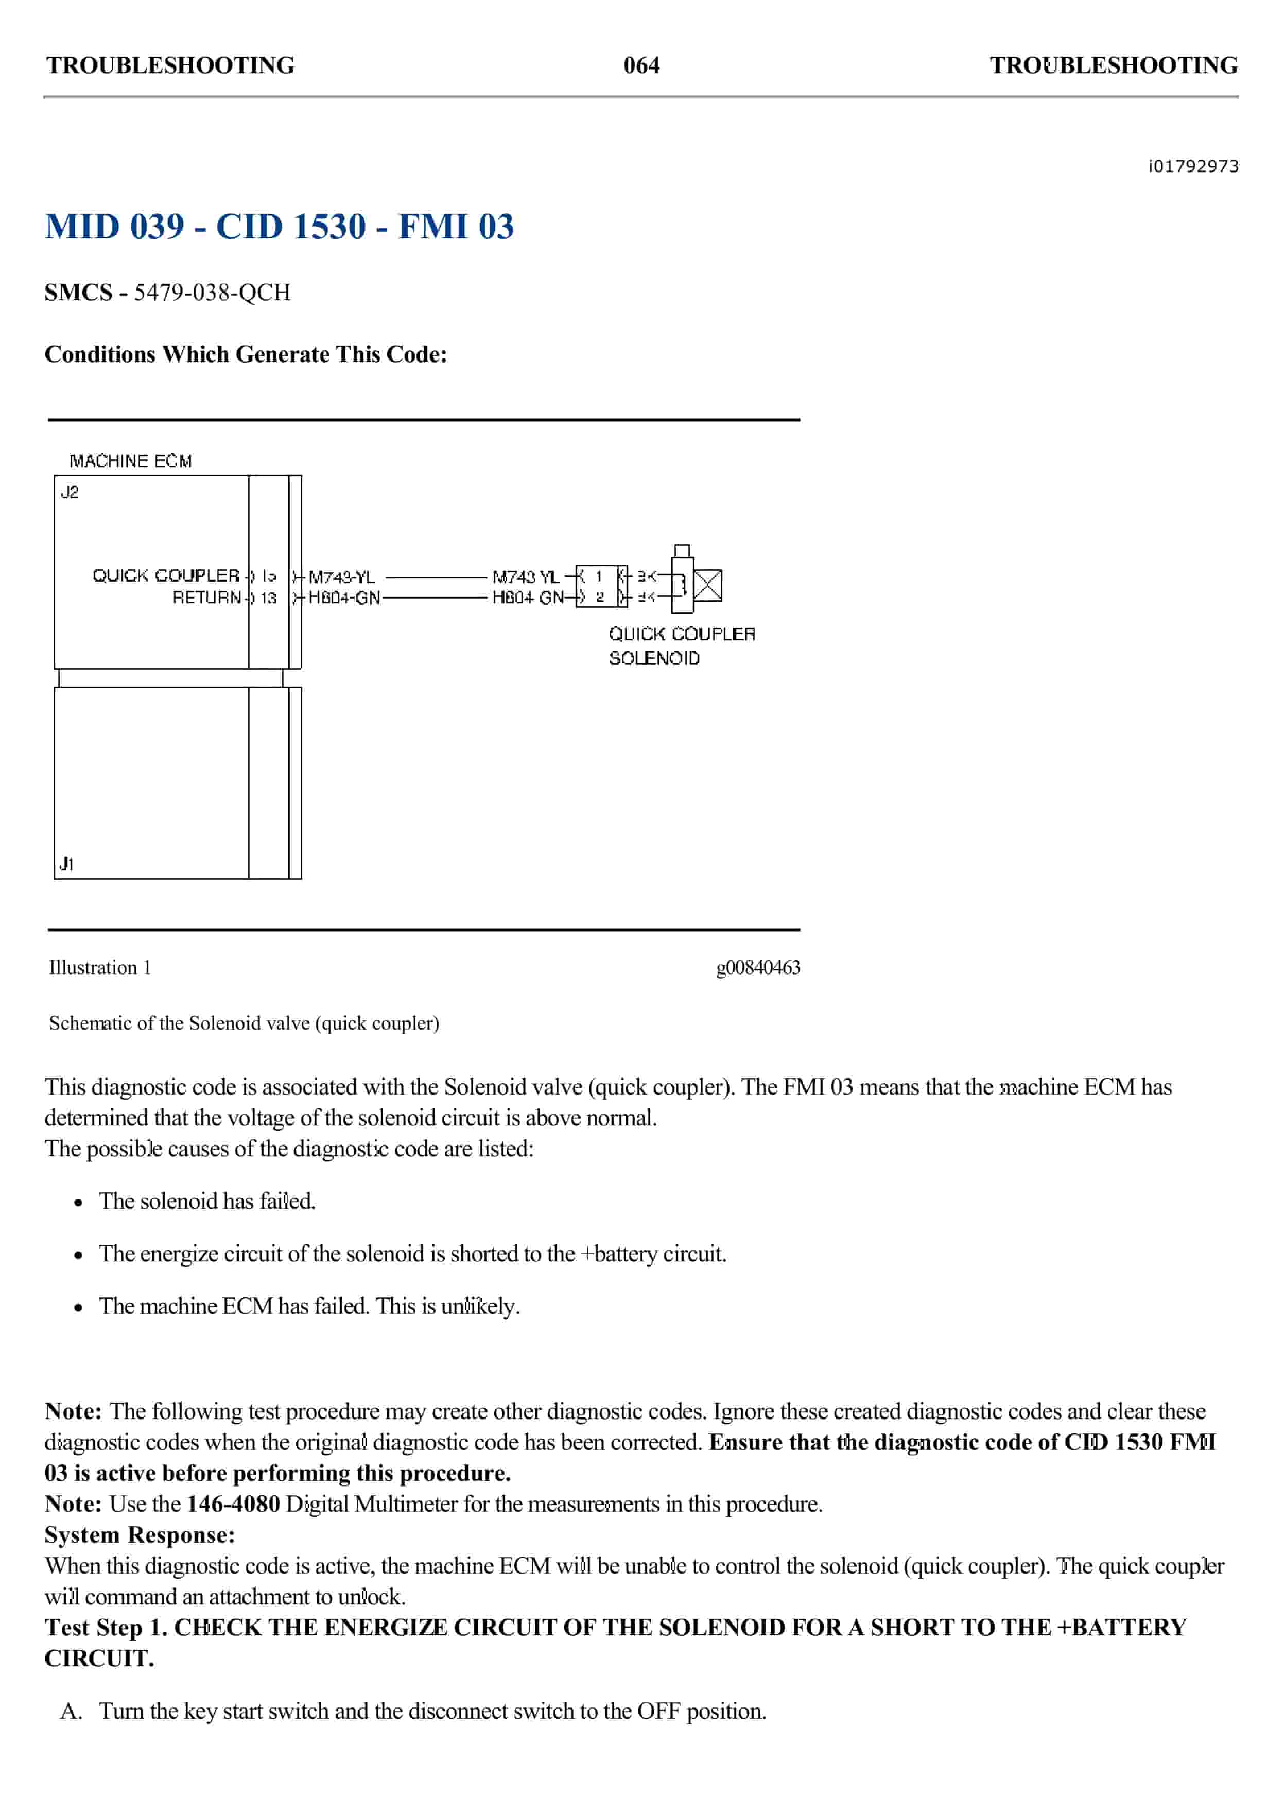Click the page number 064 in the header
pos(641,65)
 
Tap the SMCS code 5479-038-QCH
pos(212,293)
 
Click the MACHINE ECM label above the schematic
pos(131,460)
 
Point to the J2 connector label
pos(70,492)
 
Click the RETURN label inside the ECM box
pos(206,597)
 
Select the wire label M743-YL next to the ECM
pos(341,577)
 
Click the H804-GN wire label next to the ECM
pos(344,597)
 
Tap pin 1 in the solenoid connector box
pos(599,576)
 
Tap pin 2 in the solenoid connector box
pos(599,597)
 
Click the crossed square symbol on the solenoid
pos(707,585)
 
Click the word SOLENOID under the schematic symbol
pos(654,659)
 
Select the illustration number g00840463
pos(757,967)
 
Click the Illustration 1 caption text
pos(100,967)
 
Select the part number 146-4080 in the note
pos(233,1504)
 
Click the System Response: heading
pos(140,1535)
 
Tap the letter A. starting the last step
pos(71,1711)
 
